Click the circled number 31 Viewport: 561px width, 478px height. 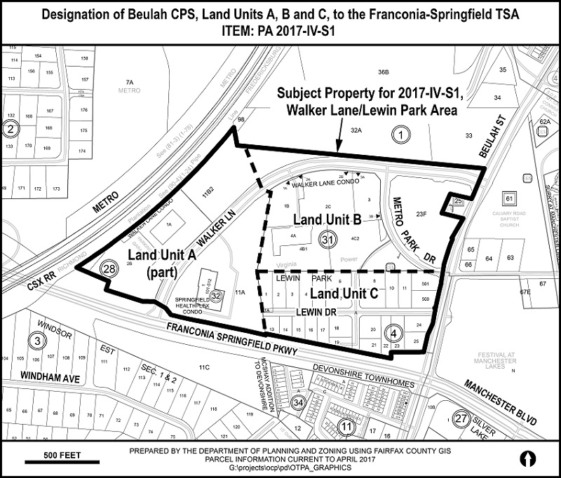pyautogui.click(x=326, y=238)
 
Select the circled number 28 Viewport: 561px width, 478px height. pyautogui.click(x=109, y=268)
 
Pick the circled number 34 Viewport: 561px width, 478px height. pyautogui.click(x=299, y=402)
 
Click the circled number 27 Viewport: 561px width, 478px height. pyautogui.click(x=461, y=418)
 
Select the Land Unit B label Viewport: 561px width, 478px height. pyautogui.click(x=327, y=220)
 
